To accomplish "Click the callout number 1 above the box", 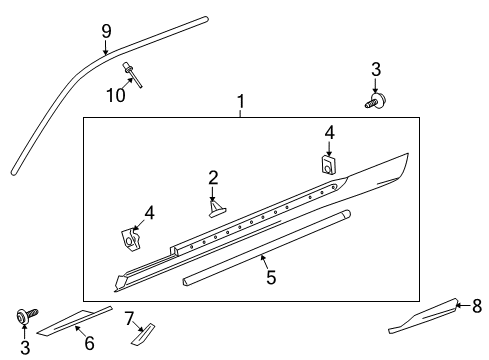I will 240,102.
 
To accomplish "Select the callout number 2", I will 213,177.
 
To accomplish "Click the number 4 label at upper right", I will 328,132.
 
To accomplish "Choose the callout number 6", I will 89,343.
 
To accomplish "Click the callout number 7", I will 129,319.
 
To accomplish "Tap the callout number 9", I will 106,30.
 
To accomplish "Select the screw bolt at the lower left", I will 22,317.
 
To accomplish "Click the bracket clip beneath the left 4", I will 128,240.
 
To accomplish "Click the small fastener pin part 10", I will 132,73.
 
